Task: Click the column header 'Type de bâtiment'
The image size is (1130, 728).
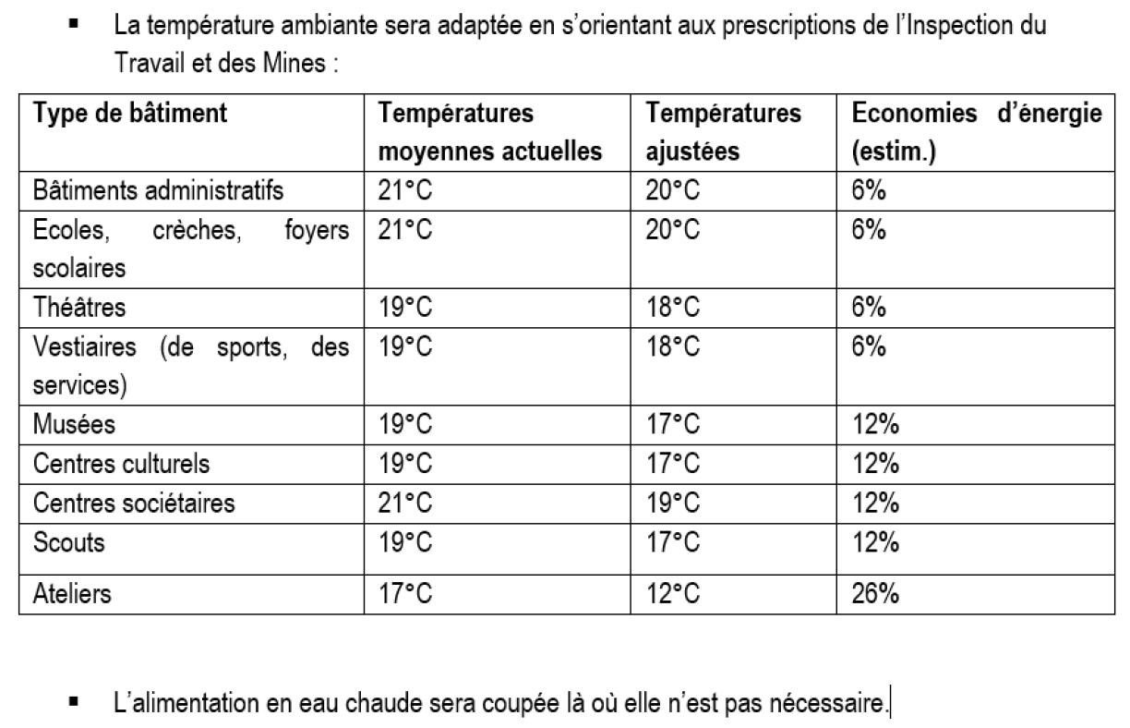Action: pyautogui.click(x=130, y=115)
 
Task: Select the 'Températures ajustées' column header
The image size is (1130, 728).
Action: pyautogui.click(x=724, y=131)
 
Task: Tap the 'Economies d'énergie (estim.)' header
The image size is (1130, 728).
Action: pyautogui.click(x=977, y=131)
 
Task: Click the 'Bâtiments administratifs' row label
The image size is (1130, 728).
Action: pyautogui.click(x=158, y=191)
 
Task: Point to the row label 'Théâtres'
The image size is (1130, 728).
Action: pyautogui.click(x=79, y=307)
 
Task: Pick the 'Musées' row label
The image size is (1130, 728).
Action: pyautogui.click(x=75, y=424)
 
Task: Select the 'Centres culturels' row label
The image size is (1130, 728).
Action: pyautogui.click(x=121, y=463)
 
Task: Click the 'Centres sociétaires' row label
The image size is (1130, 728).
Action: pyautogui.click(x=134, y=503)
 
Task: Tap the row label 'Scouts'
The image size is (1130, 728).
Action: pyautogui.click(x=69, y=541)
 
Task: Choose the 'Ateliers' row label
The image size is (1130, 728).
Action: pyautogui.click(x=72, y=592)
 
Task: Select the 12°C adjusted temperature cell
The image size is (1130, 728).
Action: pyautogui.click(x=673, y=592)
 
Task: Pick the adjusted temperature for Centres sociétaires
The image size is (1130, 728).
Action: pyautogui.click(x=673, y=503)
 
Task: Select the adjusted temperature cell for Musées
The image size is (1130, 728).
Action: pyautogui.click(x=673, y=424)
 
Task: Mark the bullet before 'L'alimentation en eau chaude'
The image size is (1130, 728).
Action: pyautogui.click(x=73, y=704)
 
